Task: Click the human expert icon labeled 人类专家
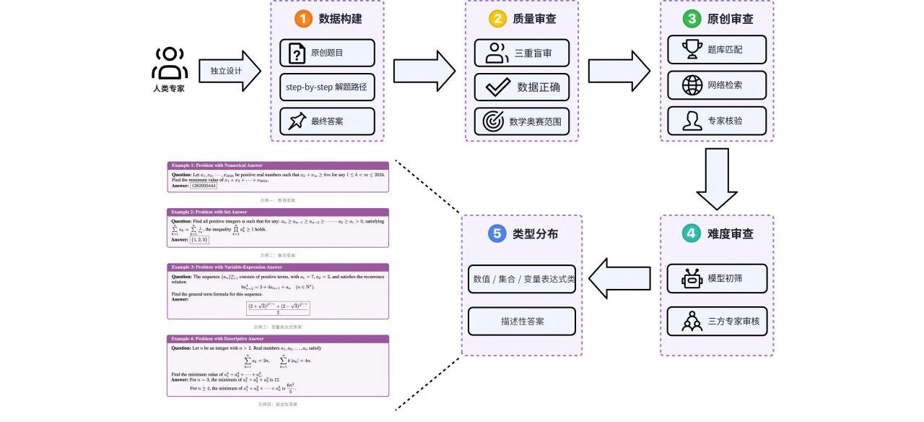[x=170, y=64]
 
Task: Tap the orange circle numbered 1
[x=302, y=20]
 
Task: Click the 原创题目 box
[x=327, y=53]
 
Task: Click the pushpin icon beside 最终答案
[x=297, y=121]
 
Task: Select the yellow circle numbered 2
[x=497, y=20]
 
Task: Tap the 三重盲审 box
[x=521, y=53]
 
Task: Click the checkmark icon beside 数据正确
[x=498, y=87]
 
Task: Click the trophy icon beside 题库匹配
[x=693, y=49]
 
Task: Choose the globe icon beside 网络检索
[x=693, y=85]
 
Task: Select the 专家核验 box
[x=716, y=121]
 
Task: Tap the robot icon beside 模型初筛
[x=692, y=278]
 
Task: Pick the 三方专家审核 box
[x=716, y=321]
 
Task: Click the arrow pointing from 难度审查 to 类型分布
[x=620, y=278]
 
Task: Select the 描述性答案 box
[x=521, y=321]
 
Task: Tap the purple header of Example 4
[x=278, y=338]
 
